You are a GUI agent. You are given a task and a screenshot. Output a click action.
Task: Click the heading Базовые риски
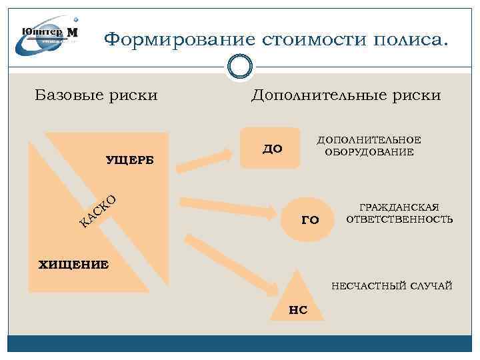[x=96, y=95]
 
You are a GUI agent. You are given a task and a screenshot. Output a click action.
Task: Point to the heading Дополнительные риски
[x=345, y=95]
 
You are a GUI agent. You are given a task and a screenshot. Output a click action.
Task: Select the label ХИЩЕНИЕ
[x=74, y=265]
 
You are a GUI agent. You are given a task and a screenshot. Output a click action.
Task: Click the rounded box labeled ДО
[x=271, y=148]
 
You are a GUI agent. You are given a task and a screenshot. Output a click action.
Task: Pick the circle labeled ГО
[x=310, y=219]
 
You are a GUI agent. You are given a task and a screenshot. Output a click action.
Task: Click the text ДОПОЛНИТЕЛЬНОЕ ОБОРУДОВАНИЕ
[x=369, y=146]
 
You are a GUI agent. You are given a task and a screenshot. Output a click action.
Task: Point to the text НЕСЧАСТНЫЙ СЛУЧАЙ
[x=392, y=286]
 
